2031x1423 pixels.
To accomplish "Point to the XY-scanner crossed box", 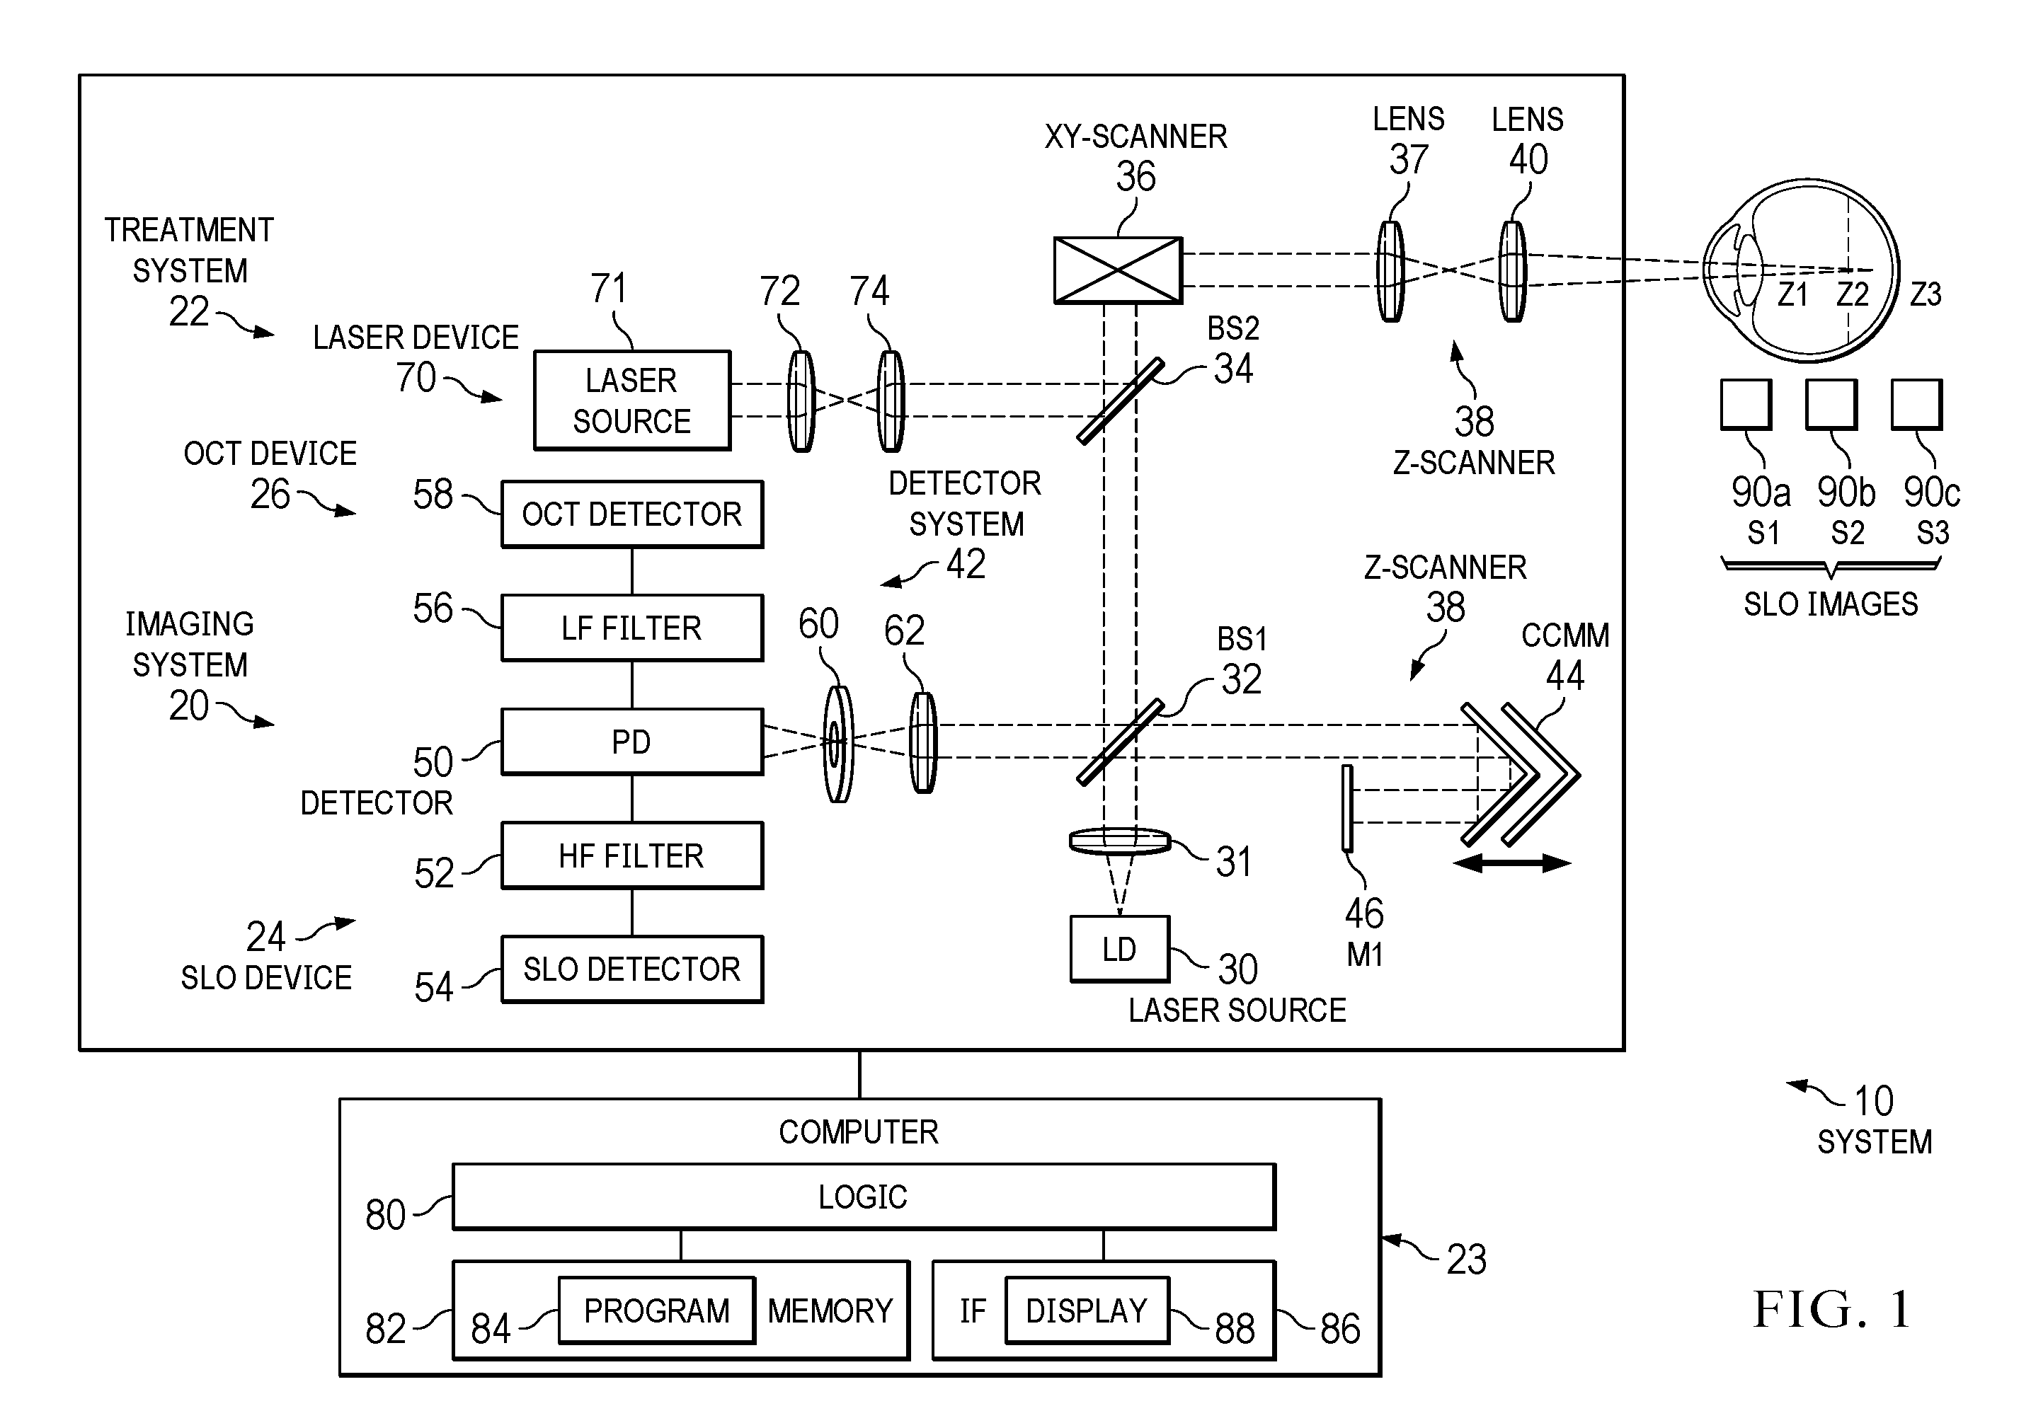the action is [1118, 270].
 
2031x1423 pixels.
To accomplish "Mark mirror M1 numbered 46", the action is [1347, 808].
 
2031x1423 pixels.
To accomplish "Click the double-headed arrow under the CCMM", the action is [1512, 864].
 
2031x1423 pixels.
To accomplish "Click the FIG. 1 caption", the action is [1832, 1310].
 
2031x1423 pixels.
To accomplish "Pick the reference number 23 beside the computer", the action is [1466, 1260].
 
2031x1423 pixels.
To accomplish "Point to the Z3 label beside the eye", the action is [1926, 294].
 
